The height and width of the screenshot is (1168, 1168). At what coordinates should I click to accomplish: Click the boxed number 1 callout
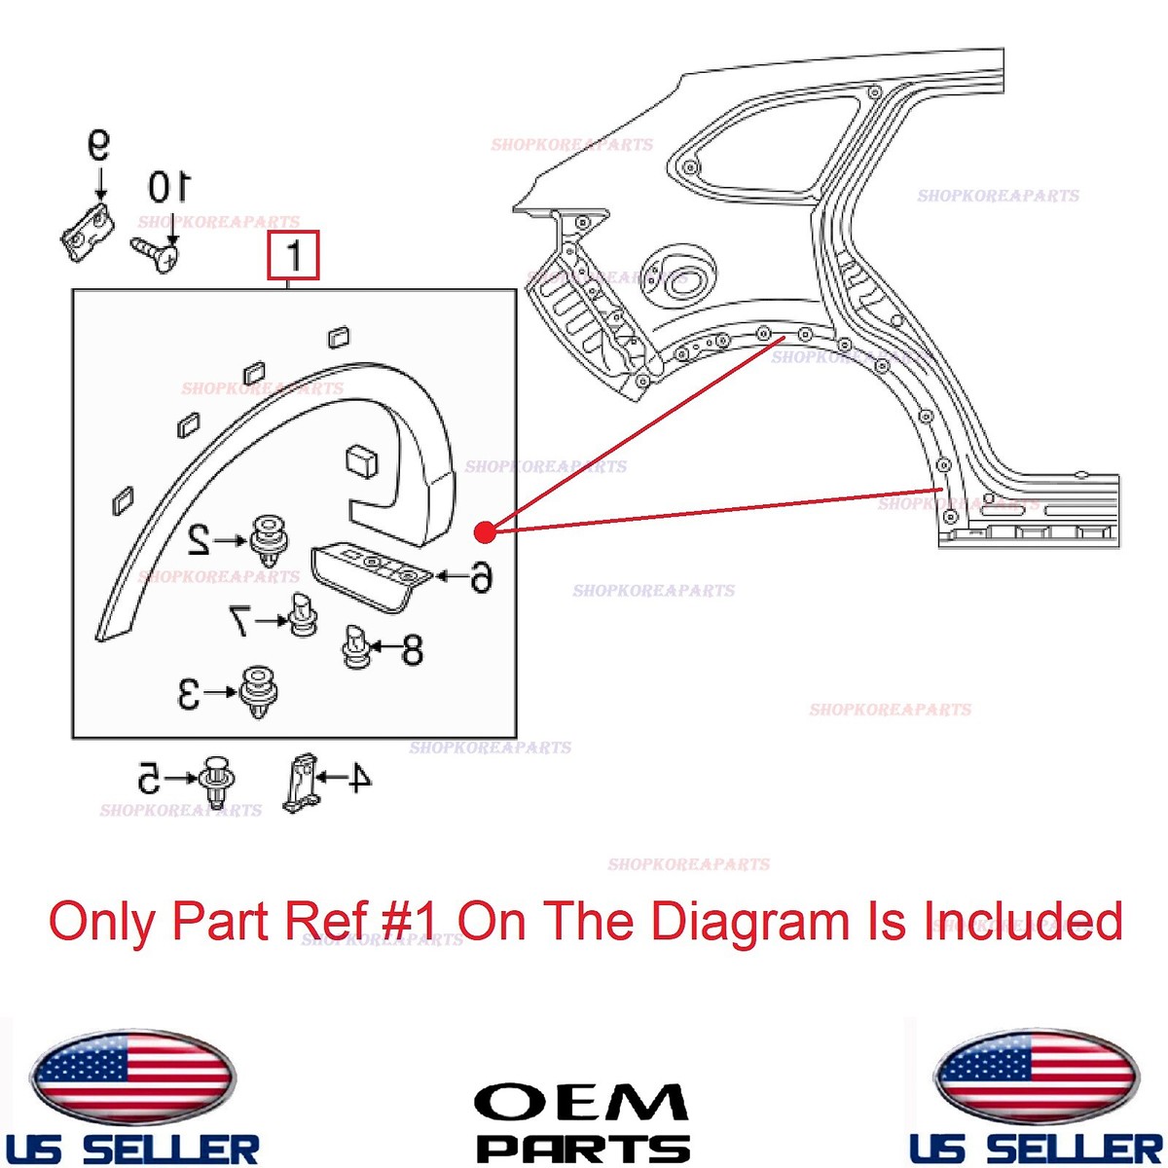click(x=294, y=257)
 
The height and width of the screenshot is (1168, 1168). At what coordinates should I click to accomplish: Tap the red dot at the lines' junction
click(x=485, y=531)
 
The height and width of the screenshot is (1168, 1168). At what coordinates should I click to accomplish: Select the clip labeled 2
click(x=269, y=540)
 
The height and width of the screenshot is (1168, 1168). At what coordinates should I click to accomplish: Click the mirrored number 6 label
click(x=478, y=577)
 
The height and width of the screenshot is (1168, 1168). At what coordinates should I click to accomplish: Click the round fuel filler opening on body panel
click(x=678, y=273)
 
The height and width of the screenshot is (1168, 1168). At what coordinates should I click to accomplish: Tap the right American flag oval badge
click(x=1035, y=1076)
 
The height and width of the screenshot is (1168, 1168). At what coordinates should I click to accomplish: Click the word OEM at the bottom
click(x=581, y=1104)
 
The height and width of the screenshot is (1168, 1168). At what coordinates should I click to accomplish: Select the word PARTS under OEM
click(x=582, y=1148)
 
